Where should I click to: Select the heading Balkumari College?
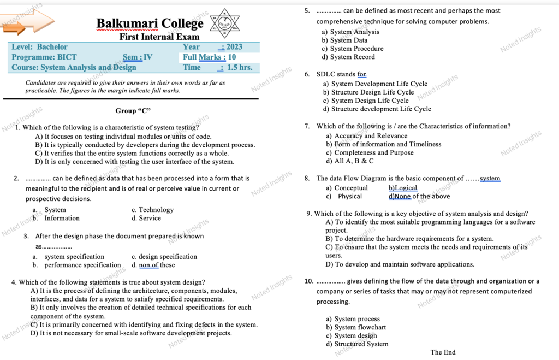click(150, 23)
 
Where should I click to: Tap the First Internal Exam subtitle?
click(152, 37)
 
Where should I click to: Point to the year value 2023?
click(234, 47)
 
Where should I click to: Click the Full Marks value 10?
click(232, 57)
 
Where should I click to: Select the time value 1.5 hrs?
click(240, 67)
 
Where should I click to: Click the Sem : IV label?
click(138, 57)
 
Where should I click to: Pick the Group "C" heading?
click(133, 110)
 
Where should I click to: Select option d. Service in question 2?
click(146, 218)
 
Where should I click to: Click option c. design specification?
click(164, 257)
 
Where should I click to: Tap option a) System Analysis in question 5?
click(350, 32)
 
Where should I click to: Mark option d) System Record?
click(348, 57)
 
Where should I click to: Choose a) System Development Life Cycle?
click(375, 84)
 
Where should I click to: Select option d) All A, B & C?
click(350, 161)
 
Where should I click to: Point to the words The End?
click(443, 352)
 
